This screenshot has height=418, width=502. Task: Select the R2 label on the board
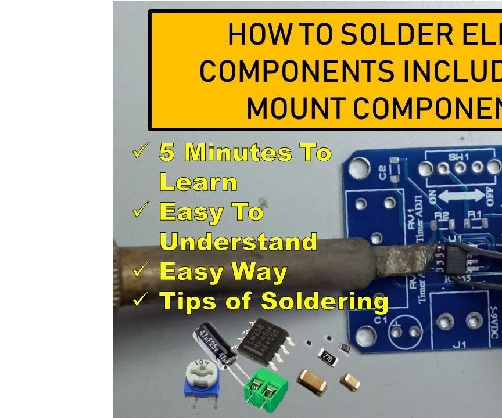[x=442, y=215]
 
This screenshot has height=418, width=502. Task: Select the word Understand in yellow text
[x=238, y=242]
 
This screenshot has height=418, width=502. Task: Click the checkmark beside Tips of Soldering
[x=141, y=300]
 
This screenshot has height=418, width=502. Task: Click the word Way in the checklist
[x=260, y=272]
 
